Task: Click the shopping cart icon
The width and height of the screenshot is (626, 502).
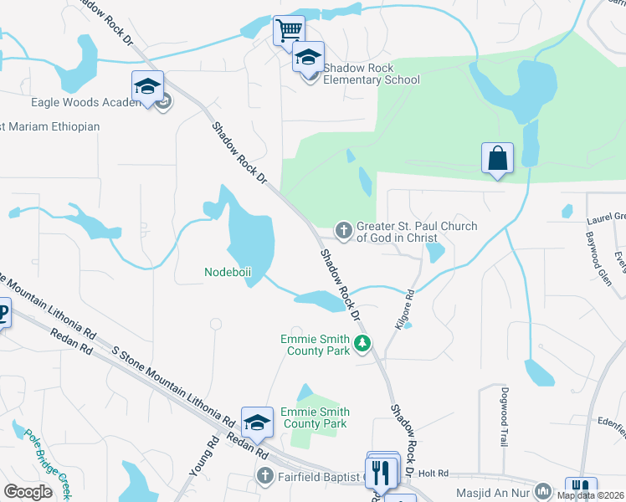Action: (289, 30)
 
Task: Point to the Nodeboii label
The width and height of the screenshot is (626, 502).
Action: (228, 272)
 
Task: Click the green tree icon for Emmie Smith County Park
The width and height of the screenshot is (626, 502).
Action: (362, 343)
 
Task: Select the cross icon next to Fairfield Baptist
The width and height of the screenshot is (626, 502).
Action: (264, 476)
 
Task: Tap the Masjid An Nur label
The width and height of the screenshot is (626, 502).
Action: (494, 493)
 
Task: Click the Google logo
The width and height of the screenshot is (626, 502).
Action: (28, 492)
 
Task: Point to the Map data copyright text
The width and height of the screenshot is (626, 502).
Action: (591, 495)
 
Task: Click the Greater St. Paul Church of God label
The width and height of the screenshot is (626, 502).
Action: (417, 232)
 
